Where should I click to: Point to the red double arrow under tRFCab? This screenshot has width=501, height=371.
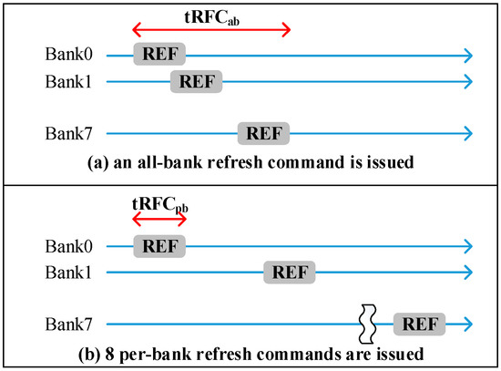click(x=211, y=31)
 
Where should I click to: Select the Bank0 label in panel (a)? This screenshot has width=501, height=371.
click(x=68, y=55)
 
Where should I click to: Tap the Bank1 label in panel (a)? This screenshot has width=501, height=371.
click(x=68, y=81)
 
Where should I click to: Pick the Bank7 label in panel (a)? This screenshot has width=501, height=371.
click(x=68, y=134)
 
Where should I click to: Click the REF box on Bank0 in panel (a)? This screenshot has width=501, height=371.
click(x=159, y=55)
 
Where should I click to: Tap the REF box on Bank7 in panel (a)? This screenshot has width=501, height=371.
click(x=263, y=134)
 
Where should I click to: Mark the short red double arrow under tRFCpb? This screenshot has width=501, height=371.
click(x=159, y=222)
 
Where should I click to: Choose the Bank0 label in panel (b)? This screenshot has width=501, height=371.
click(x=68, y=245)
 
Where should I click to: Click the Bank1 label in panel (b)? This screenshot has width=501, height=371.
click(x=68, y=272)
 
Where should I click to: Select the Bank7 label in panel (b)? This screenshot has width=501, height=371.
click(x=68, y=324)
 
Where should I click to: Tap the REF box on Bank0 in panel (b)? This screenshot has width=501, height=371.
click(x=159, y=245)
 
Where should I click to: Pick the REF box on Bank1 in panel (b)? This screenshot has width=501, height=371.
click(x=290, y=272)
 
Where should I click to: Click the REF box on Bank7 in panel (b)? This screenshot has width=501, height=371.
click(x=420, y=324)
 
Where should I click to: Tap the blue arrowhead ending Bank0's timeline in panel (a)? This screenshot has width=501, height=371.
click(x=466, y=55)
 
